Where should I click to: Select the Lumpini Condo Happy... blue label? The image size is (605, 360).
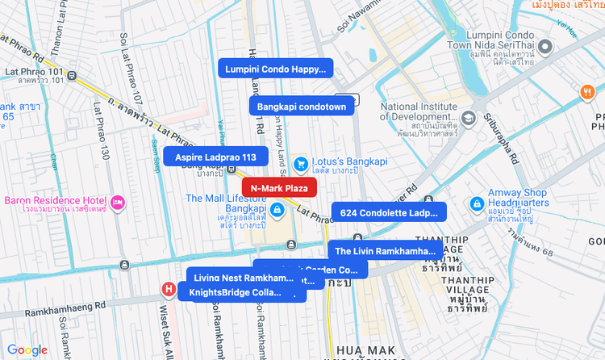[275, 69]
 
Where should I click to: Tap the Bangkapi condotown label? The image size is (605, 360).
[301, 107]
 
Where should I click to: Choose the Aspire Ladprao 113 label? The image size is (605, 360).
[215, 157]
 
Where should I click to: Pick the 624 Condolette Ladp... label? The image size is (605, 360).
[389, 213]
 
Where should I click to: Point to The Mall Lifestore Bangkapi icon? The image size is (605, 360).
[277, 211]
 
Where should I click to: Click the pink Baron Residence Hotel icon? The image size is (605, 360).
[117, 200]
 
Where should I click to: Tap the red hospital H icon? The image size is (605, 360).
[169, 288]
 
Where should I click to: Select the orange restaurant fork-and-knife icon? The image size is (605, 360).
[586, 92]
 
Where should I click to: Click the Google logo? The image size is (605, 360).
[27, 350]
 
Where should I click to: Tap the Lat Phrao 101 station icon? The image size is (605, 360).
[73, 76]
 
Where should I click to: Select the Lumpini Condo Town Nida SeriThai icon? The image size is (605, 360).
[544, 47]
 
